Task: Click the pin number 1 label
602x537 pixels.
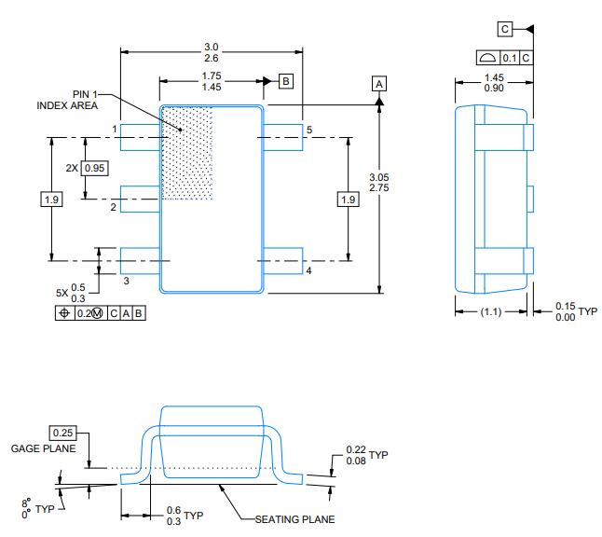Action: coord(115,129)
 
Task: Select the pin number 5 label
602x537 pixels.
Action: coord(309,129)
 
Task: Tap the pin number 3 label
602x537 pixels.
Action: coord(126,280)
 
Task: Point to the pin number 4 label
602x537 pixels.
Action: coord(308,270)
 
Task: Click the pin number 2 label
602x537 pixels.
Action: coord(114,207)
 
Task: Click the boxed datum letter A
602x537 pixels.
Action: coord(379,83)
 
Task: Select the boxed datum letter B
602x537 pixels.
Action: coord(286,81)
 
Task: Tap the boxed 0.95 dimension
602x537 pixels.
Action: coord(94,168)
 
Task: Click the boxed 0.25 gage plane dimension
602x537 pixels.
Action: coord(63,434)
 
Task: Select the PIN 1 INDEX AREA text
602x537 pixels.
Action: coord(67,100)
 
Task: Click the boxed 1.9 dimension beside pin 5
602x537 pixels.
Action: coord(348,200)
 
